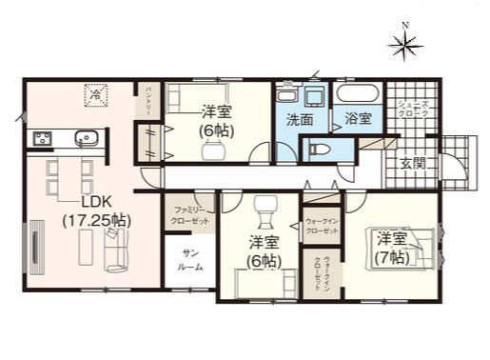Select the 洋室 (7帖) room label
pos(391,246)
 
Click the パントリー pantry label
pos(148,99)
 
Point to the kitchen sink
pos(87,138)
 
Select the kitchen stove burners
pos(44,139)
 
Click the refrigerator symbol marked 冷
pos(96,93)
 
